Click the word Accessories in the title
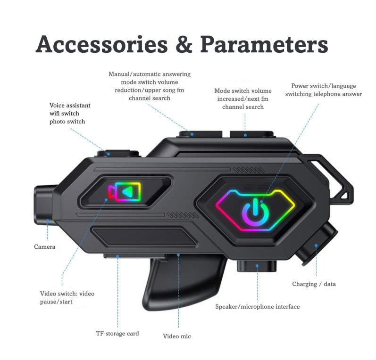(x=102, y=44)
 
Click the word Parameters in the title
(x=264, y=44)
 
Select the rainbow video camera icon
(x=125, y=192)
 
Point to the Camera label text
(x=45, y=247)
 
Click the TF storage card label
(x=117, y=334)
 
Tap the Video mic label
(x=177, y=336)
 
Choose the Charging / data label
(x=314, y=284)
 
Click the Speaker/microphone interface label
(x=258, y=307)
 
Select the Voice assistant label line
(x=70, y=106)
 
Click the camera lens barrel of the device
(x=46, y=205)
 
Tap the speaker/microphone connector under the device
(x=257, y=266)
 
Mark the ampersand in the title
(x=184, y=44)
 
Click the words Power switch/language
(x=324, y=86)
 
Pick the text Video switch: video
(x=67, y=294)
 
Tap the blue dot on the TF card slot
(x=117, y=256)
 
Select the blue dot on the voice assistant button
(x=109, y=154)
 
